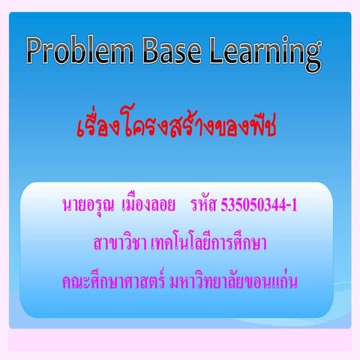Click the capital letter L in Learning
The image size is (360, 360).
[217, 51]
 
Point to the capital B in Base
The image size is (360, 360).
[144, 51]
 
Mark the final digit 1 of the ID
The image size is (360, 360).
[294, 204]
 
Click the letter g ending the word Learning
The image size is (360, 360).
[310, 54]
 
